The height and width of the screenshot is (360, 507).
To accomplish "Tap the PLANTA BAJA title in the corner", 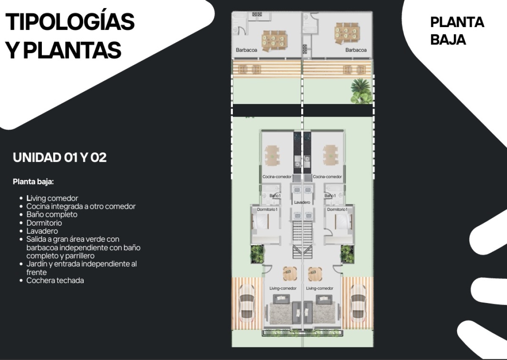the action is pyautogui.click(x=457, y=31).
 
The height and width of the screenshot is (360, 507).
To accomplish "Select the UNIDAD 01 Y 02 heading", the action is pyautogui.click(x=60, y=157).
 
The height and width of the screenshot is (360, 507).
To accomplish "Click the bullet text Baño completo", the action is pyautogui.click(x=52, y=214).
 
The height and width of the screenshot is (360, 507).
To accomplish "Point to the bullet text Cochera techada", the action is pyautogui.click(x=55, y=281).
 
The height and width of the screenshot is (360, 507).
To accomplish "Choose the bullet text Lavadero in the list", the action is pyautogui.click(x=42, y=231).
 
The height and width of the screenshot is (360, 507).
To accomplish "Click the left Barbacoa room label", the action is pyautogui.click(x=246, y=50).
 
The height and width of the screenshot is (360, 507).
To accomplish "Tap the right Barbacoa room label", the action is pyautogui.click(x=356, y=50).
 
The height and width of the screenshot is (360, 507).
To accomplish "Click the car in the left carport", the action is pyautogui.click(x=246, y=303).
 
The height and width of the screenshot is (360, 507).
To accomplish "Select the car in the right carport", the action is pyautogui.click(x=358, y=303).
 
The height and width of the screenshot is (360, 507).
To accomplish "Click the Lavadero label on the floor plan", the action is pyautogui.click(x=302, y=202).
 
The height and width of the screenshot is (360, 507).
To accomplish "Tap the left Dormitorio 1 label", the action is pyautogui.click(x=267, y=210).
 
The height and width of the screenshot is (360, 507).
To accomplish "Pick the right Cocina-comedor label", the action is pyautogui.click(x=327, y=177).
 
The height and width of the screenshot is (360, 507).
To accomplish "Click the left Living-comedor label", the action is pyautogui.click(x=283, y=288).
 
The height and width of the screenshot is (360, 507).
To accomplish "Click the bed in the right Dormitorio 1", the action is pyautogui.click(x=343, y=221).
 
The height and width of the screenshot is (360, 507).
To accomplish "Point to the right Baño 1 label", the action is pyautogui.click(x=330, y=196).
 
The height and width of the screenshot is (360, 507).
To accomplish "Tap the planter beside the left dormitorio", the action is pyautogui.click(x=257, y=254).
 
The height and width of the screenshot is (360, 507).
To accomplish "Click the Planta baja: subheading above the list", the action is pyautogui.click(x=33, y=182).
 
